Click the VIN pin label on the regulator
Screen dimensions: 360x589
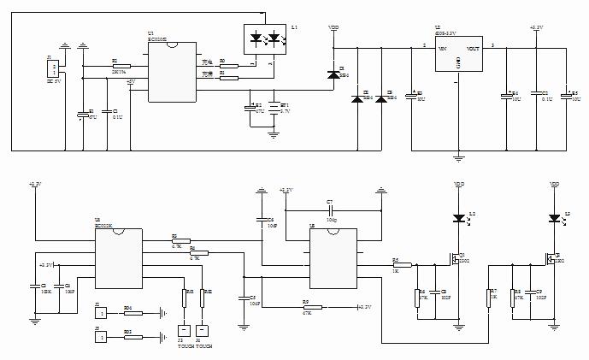pyautogui.click(x=443, y=49)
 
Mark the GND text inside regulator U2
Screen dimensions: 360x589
pyautogui.click(x=458, y=62)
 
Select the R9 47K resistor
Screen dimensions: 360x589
pyautogui.click(x=312, y=306)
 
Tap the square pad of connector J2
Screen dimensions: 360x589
pyautogui.click(x=102, y=308)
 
